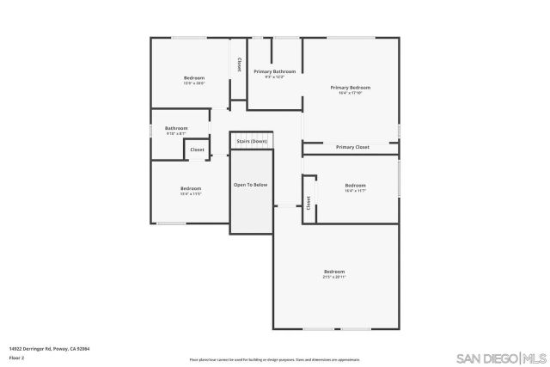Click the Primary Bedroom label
(x=351, y=88)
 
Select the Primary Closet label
(x=352, y=147)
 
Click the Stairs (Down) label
(x=252, y=141)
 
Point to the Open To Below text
(x=251, y=185)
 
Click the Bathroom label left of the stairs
(x=176, y=128)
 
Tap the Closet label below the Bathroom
(x=197, y=150)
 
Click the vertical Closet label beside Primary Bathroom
(x=239, y=64)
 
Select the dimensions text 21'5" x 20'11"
(x=334, y=278)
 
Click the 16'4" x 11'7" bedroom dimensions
(x=355, y=191)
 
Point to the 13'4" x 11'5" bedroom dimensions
(x=190, y=194)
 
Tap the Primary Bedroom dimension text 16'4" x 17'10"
(x=351, y=94)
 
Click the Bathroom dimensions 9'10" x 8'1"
(x=176, y=134)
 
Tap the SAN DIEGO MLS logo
(x=500, y=358)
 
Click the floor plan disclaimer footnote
(x=274, y=359)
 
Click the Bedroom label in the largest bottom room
(x=334, y=272)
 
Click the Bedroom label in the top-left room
(x=194, y=78)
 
